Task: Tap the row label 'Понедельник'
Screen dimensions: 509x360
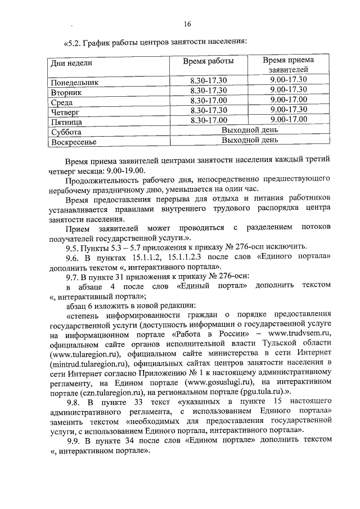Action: (74, 82)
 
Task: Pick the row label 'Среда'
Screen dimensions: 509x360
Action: (61, 102)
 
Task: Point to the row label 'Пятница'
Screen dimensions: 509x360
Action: (66, 121)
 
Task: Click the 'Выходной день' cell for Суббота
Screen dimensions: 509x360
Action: (250, 130)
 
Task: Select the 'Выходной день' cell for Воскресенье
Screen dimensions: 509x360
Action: (250, 140)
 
